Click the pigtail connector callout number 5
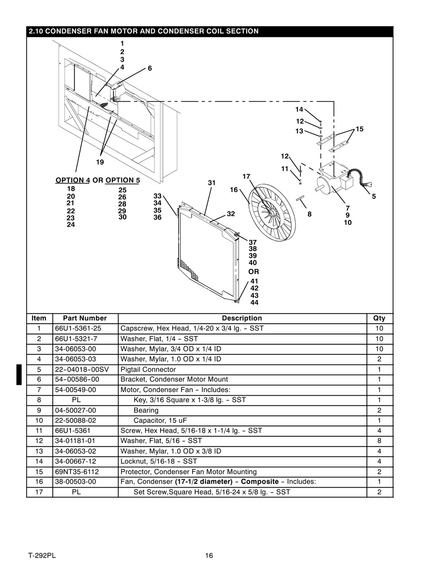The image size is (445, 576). pos(374,197)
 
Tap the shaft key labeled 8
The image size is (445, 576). pos(301,199)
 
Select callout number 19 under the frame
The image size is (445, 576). pos(100,162)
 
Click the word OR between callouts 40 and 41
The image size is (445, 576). pos(253,272)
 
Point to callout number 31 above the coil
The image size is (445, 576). pos(212,183)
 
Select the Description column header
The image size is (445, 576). pos(242,318)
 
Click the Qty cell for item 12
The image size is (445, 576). pos(379,441)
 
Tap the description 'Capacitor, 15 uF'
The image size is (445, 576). pos(160,420)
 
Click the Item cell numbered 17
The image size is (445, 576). pos(39,492)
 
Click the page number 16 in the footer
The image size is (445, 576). pos(209,555)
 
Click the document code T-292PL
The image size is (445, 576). pos(42,555)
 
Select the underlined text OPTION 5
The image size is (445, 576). pos(122,180)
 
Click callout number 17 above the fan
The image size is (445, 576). pos(246,176)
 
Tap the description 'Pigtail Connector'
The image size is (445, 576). pos(148,369)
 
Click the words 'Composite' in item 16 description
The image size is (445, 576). pos(260,482)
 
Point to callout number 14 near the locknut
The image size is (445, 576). pos(299,109)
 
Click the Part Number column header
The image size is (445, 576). pos(85,318)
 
